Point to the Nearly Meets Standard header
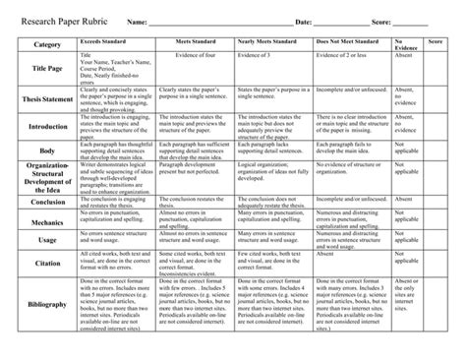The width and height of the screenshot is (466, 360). (x=266, y=44)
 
